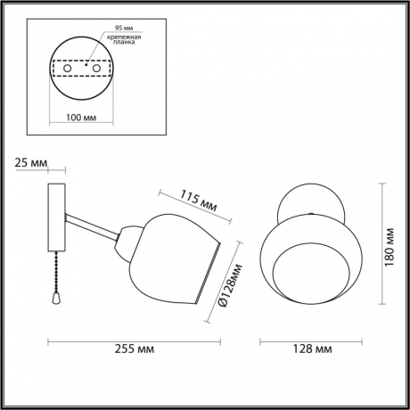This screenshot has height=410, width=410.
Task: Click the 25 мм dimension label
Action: pos(29,163)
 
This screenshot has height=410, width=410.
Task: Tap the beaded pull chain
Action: pos(57,271)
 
